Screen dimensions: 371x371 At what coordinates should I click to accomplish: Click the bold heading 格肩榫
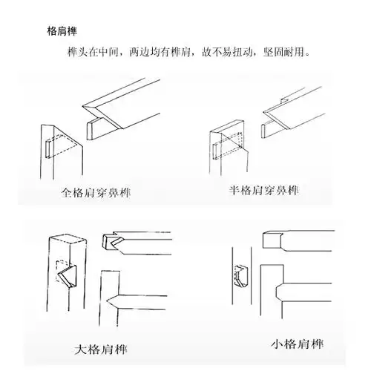point(62,32)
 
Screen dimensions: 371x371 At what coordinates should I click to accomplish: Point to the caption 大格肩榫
point(99,348)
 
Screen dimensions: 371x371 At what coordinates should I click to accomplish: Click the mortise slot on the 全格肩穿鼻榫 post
point(47,147)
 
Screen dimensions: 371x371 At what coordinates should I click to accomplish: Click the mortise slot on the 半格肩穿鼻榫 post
point(214,145)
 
